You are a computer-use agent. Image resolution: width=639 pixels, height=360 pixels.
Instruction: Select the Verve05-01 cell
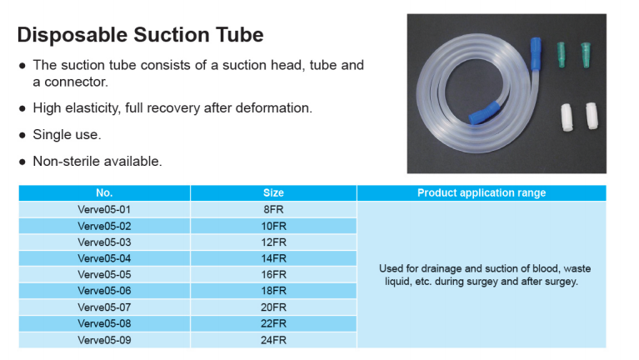[104, 209]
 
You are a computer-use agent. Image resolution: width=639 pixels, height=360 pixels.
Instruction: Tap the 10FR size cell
[273, 226]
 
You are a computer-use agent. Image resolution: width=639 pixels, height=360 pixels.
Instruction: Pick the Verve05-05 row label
[104, 274]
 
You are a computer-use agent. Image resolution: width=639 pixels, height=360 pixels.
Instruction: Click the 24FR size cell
[273, 340]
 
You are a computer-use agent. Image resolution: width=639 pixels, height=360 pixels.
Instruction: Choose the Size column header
[273, 192]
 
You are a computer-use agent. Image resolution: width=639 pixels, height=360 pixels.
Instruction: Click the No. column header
[104, 192]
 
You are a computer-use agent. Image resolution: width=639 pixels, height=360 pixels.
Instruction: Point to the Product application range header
[482, 192]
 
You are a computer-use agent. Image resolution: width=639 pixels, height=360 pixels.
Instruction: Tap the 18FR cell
[273, 291]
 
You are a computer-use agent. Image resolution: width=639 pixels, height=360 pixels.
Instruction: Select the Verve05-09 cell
[104, 340]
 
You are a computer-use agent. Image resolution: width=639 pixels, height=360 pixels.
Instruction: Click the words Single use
[67, 134]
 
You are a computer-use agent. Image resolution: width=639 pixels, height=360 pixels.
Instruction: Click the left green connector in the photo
[562, 55]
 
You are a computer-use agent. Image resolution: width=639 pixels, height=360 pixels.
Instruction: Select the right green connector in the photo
[586, 55]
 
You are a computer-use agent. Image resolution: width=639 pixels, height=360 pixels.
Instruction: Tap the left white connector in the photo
[567, 117]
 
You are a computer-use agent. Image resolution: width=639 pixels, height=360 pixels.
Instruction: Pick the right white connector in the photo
[592, 116]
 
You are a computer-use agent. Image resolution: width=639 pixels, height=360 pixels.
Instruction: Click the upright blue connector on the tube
[536, 54]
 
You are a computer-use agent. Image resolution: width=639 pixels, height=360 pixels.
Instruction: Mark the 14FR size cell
[273, 258]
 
